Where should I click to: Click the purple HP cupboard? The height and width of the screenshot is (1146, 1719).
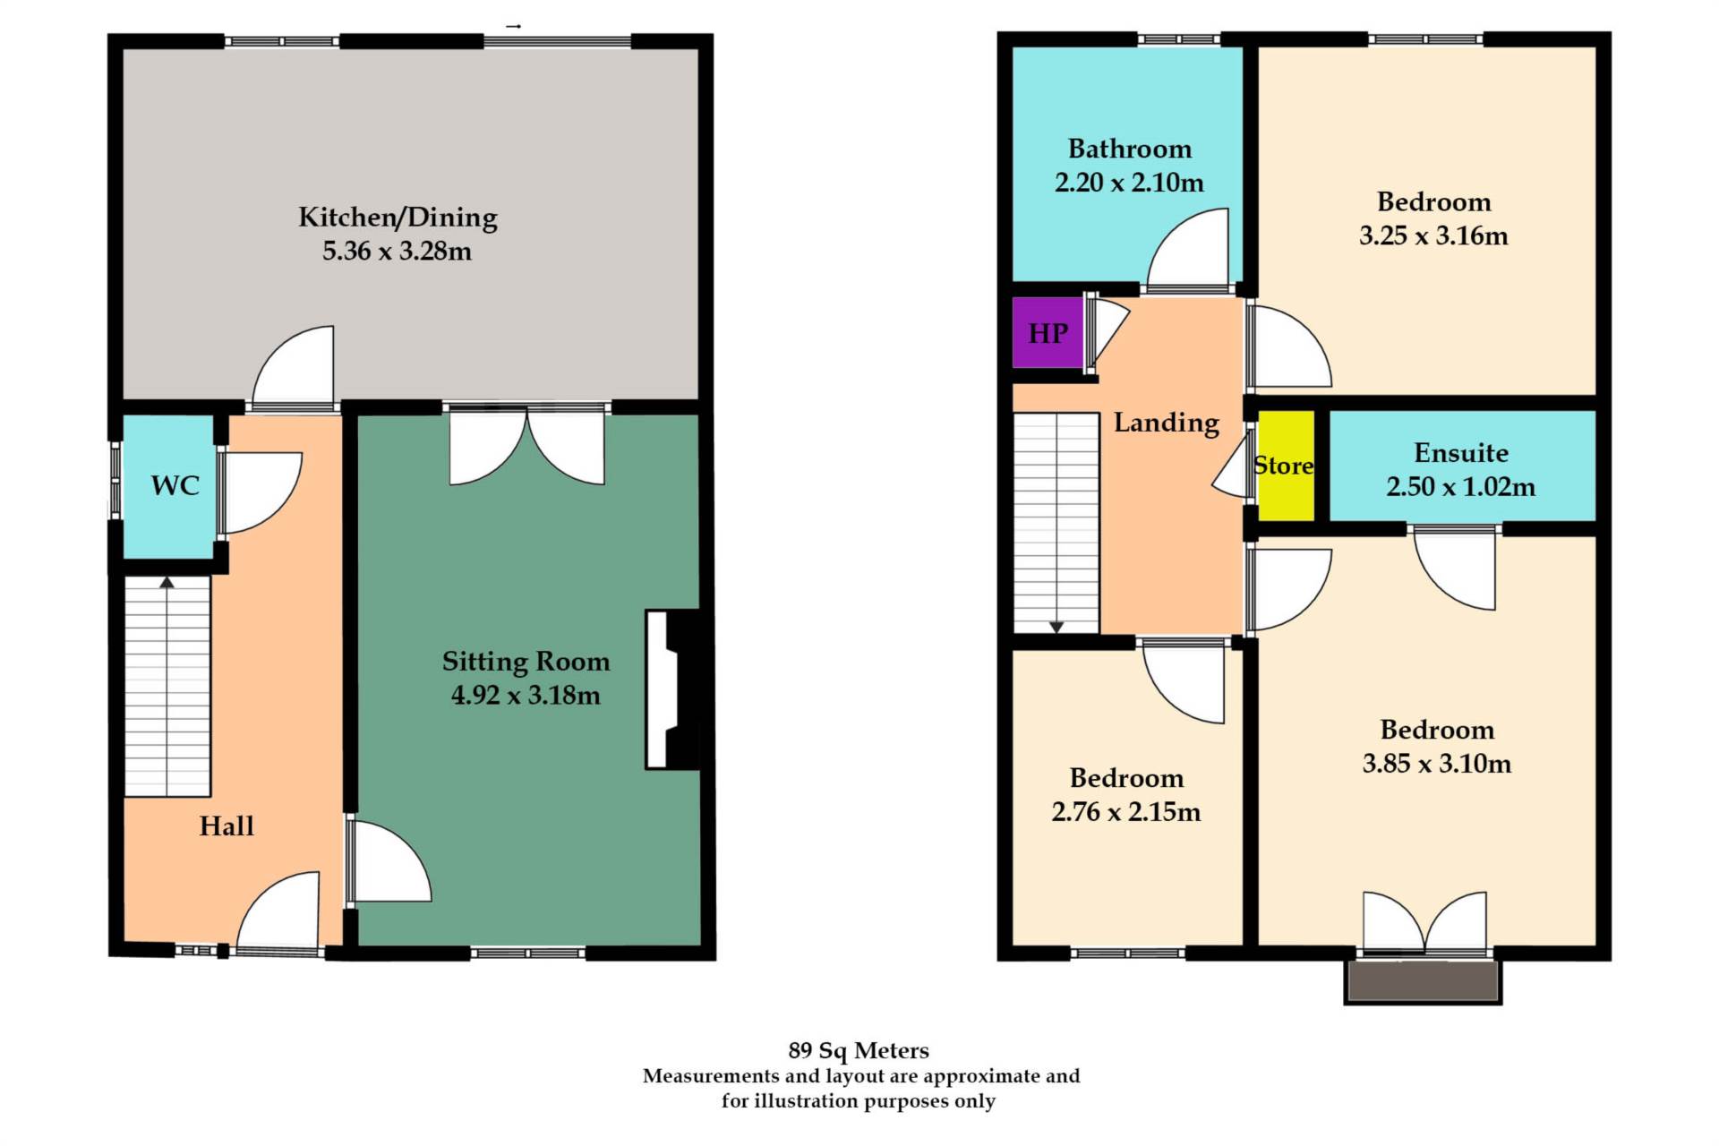(1047, 333)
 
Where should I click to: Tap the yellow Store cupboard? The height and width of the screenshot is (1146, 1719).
(1286, 466)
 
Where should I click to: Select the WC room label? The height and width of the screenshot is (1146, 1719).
(175, 485)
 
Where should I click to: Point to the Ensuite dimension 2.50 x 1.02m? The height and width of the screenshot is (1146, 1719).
(1460, 487)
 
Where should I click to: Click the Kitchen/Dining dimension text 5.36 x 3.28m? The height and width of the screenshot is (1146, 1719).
(397, 252)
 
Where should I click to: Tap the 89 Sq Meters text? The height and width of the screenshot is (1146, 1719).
(858, 1050)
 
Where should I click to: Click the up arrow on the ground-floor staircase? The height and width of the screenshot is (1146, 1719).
(167, 583)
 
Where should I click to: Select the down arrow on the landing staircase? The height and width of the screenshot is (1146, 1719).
(1056, 627)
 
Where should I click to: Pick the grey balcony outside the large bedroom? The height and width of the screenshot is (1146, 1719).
(1423, 981)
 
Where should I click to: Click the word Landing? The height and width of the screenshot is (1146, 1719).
(1166, 423)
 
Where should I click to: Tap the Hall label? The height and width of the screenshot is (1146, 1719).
(227, 825)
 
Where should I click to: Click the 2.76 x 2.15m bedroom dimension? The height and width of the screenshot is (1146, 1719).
(1125, 812)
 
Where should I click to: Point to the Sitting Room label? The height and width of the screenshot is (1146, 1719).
(526, 662)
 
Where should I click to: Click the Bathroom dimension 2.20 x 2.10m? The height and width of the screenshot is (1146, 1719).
(1129, 183)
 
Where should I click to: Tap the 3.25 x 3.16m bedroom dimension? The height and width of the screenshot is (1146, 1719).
(1432, 236)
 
